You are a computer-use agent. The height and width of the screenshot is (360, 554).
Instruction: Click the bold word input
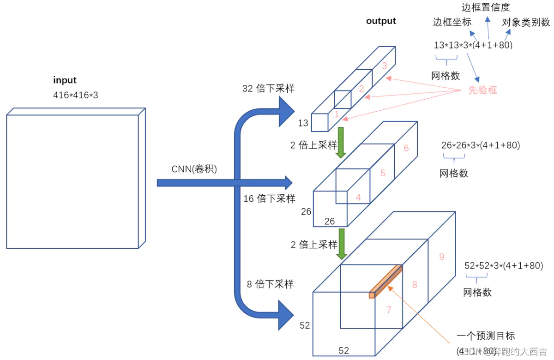(x=65, y=80)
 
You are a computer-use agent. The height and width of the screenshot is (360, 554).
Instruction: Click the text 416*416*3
(x=76, y=95)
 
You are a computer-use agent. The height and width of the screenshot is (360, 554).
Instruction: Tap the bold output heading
(x=381, y=21)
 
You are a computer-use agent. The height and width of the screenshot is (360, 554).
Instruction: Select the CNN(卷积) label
(x=194, y=169)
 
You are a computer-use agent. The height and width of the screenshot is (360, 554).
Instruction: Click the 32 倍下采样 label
(x=268, y=89)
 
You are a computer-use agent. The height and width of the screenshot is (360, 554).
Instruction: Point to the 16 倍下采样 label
(x=269, y=198)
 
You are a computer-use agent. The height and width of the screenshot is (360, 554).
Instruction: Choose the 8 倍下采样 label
(x=270, y=284)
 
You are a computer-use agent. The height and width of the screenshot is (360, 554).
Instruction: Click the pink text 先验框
(x=482, y=90)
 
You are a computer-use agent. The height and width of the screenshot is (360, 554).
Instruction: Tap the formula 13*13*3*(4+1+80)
(x=473, y=45)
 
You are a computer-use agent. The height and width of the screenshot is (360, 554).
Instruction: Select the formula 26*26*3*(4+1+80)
(x=481, y=145)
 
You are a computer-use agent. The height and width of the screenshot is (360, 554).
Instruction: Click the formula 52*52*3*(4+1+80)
(x=503, y=266)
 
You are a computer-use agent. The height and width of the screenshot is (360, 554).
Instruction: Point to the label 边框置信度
(x=486, y=7)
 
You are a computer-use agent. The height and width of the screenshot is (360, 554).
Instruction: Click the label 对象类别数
(x=526, y=22)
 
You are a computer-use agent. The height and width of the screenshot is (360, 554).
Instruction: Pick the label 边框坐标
(x=452, y=22)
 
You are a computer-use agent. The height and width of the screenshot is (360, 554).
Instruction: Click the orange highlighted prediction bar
(x=386, y=281)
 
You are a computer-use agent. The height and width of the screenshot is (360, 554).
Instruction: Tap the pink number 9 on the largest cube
(x=441, y=257)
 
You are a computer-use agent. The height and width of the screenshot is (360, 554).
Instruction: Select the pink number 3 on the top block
(x=384, y=66)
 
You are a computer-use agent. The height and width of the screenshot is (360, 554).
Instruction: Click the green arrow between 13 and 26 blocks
(x=341, y=142)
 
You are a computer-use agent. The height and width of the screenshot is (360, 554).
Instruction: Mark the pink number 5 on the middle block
(x=383, y=173)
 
